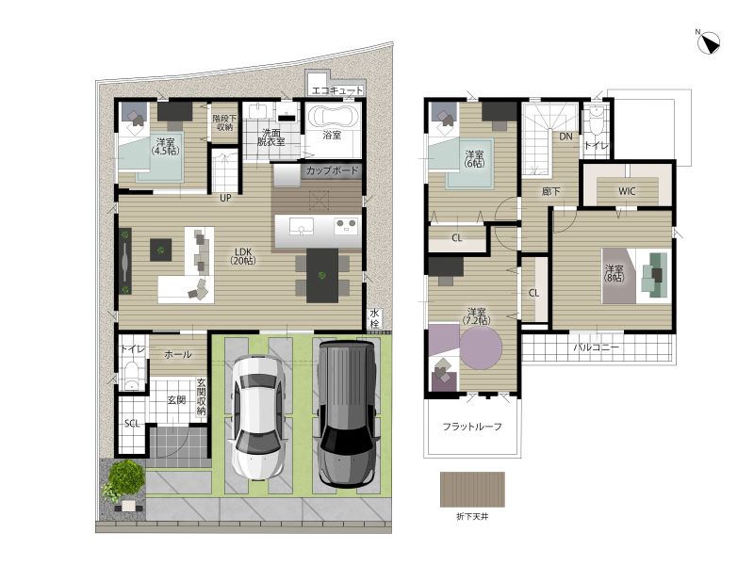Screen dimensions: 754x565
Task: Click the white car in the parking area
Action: tap(257, 417)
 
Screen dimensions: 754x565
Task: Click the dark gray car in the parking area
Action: tap(346, 413)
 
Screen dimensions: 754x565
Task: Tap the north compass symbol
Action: tap(709, 42)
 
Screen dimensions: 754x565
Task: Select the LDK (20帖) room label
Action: tap(243, 256)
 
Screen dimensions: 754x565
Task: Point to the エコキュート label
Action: tap(337, 90)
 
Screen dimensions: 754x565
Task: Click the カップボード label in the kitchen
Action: tap(332, 170)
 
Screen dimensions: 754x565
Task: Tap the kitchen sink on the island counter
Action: tap(301, 226)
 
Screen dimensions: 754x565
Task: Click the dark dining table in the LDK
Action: tap(322, 275)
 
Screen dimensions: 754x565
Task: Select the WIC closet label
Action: tap(627, 191)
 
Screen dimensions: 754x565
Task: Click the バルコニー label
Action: tap(596, 347)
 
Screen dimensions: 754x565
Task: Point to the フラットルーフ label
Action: tap(472, 427)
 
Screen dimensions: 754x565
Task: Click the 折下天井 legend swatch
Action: tap(472, 489)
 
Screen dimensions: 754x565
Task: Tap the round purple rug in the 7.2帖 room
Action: tap(481, 347)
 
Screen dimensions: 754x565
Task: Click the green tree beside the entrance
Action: tap(126, 476)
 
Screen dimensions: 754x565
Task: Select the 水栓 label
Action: tap(374, 318)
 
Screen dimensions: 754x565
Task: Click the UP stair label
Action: tap(225, 198)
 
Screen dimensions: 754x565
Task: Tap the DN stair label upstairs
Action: tap(566, 137)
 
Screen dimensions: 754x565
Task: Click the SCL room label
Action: tap(132, 423)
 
